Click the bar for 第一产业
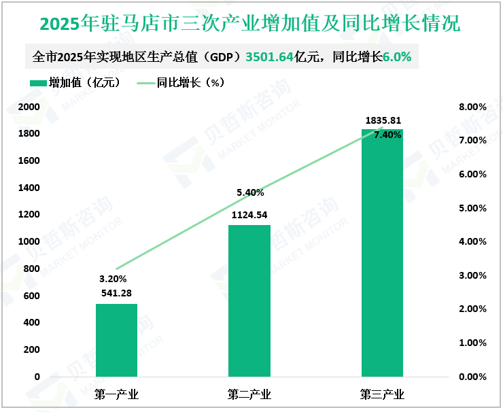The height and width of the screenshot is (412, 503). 116,340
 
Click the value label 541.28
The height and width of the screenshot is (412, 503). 114,294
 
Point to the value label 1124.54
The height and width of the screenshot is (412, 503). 249,216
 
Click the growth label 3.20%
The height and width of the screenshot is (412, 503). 113,279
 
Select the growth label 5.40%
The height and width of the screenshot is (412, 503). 250,193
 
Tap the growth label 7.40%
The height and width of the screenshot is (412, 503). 387,135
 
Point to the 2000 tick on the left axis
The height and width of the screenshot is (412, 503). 29,107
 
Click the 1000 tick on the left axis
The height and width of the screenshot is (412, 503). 29,242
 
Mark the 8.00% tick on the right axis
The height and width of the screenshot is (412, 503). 472,107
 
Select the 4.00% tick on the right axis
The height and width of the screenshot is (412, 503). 472,242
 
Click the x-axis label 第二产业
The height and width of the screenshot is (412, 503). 249,394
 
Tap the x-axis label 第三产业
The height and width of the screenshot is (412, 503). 382,394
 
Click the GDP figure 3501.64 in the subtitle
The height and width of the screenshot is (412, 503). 270,58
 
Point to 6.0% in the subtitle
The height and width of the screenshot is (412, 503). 397,58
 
